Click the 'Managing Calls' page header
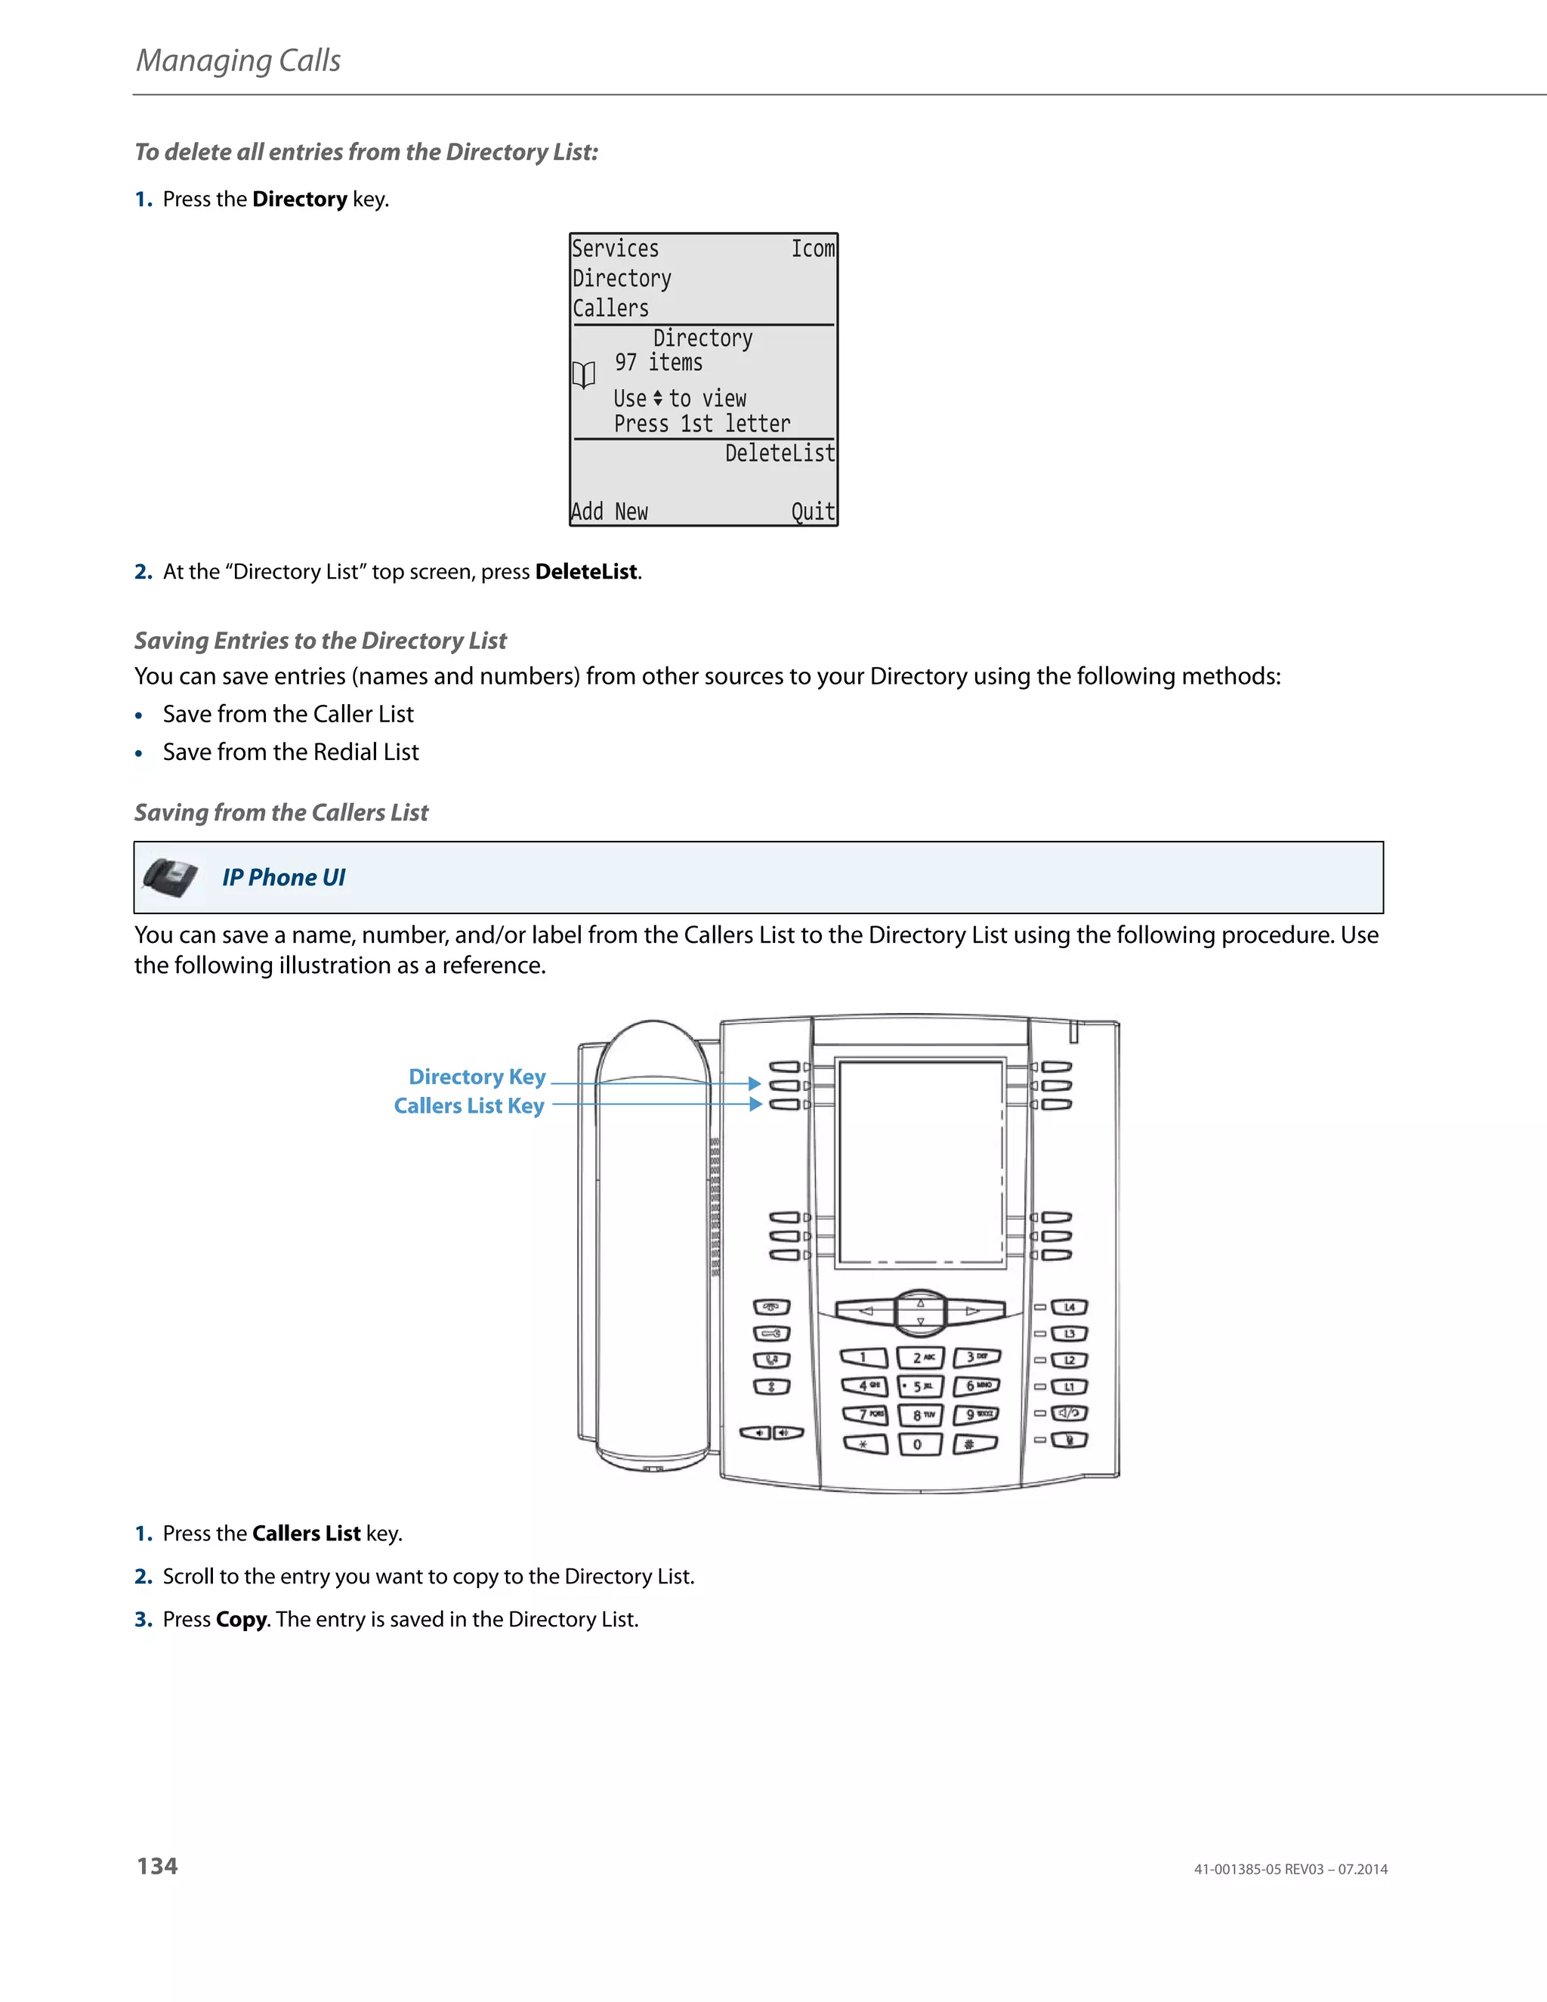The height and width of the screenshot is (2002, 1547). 238,60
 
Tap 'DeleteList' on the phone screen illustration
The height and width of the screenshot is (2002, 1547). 780,453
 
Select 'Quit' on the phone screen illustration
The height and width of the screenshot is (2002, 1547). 813,511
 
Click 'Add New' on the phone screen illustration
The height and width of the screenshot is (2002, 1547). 610,511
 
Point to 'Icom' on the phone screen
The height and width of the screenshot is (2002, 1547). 813,249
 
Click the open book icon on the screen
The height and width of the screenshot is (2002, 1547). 584,375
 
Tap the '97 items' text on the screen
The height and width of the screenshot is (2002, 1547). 658,363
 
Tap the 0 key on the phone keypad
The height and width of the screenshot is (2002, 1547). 917,1444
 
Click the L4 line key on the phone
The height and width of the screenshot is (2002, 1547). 1069,1307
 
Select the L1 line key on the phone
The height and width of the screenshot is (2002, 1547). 1069,1387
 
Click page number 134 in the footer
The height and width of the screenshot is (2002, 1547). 156,1866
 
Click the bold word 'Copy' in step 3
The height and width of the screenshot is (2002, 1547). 241,1620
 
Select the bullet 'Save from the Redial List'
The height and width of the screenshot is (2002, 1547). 291,752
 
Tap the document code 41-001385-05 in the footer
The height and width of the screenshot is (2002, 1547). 1237,1869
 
